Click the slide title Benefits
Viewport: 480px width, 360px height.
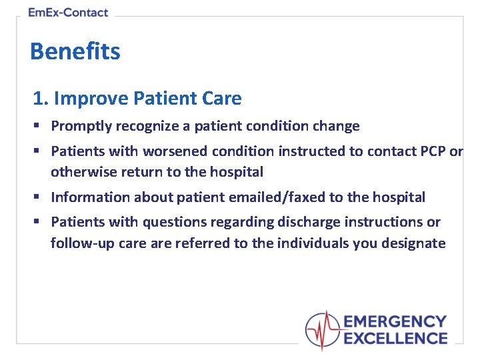75,51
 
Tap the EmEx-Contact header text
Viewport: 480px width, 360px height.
68,12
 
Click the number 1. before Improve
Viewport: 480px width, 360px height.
41,99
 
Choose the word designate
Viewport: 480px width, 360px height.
413,243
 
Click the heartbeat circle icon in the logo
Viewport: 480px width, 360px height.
323,330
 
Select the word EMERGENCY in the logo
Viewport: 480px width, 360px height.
395,322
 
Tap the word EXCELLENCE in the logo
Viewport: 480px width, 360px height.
395,338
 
